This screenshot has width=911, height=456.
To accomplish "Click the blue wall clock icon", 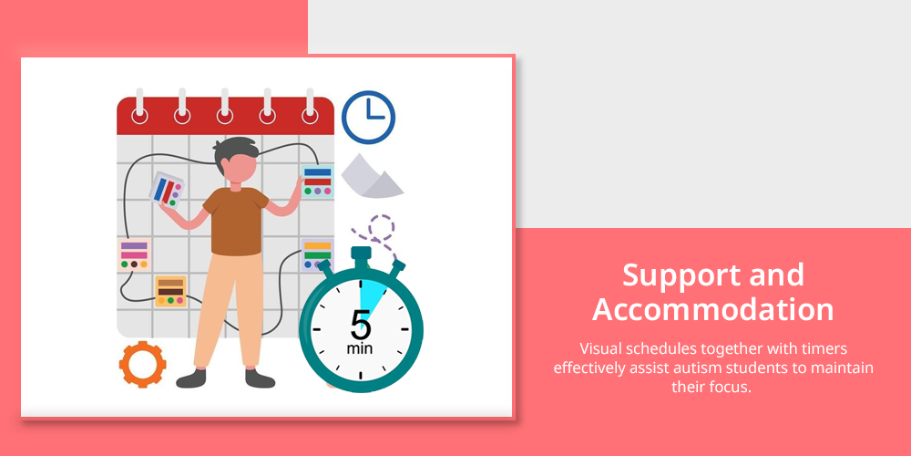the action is (x=368, y=117).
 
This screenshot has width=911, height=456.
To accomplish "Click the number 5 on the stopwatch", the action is (x=360, y=325).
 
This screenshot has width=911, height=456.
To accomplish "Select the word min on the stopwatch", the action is (x=360, y=348).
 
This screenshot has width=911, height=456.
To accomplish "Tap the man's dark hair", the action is (x=235, y=150).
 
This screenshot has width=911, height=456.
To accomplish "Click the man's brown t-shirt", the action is (x=235, y=221).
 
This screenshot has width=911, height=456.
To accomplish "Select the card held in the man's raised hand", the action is (x=167, y=189).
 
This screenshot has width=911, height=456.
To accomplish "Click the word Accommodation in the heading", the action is (x=713, y=309).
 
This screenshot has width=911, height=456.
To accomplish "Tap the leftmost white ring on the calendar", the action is (x=139, y=116).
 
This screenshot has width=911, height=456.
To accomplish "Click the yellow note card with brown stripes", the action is (x=171, y=292).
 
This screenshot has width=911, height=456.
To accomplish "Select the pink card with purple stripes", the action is (x=134, y=254).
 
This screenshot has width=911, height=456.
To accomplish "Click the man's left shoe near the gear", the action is (x=191, y=378).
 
